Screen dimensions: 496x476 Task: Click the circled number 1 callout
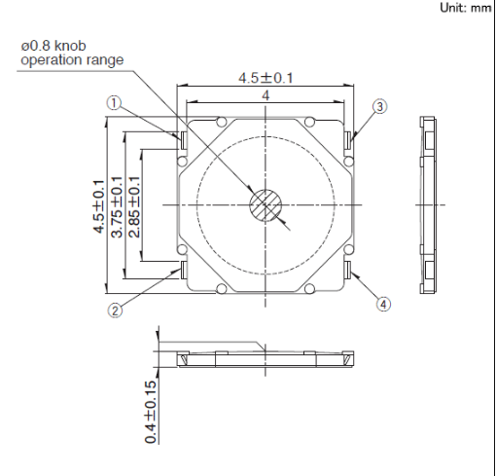[114, 103]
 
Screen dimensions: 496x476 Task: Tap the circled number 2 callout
[115, 311]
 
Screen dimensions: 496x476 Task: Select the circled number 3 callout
[380, 107]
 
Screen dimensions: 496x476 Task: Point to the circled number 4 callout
[383, 305]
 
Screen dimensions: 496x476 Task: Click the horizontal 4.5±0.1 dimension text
[266, 78]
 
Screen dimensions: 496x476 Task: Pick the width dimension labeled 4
[266, 95]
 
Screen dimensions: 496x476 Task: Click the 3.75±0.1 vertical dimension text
[117, 207]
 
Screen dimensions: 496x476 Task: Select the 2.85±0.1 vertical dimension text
[134, 207]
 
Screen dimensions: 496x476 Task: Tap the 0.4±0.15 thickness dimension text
[150, 412]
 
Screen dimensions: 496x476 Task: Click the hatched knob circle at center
[266, 205]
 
